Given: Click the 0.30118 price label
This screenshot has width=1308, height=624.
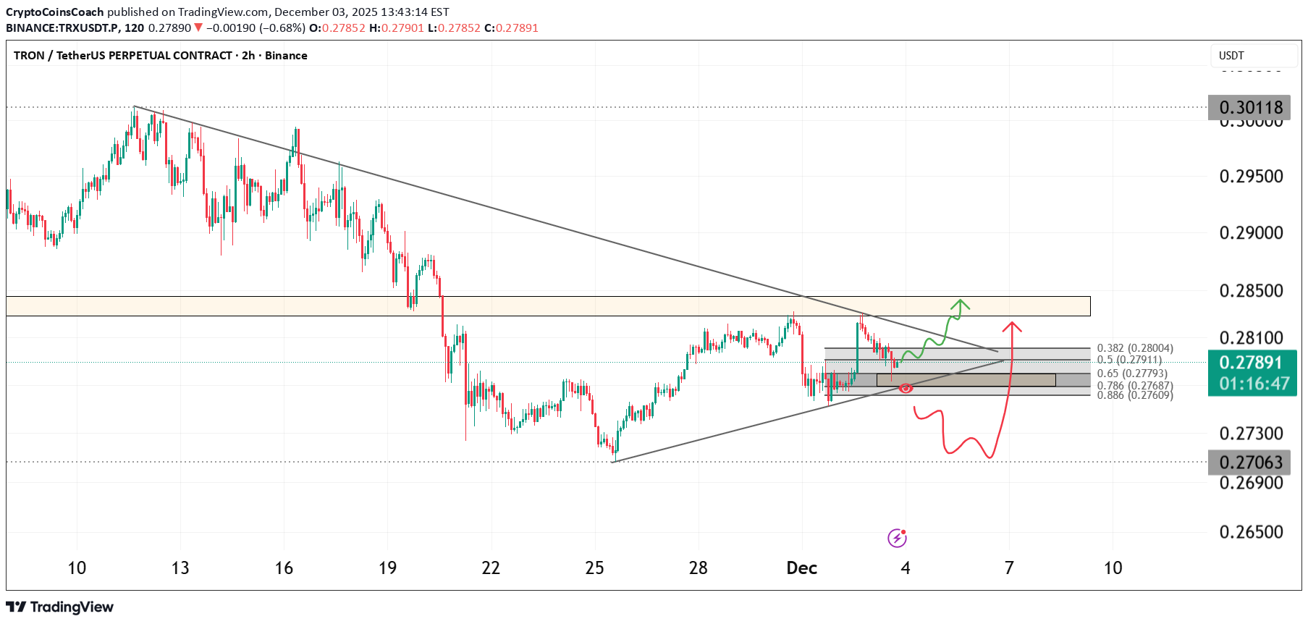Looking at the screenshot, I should [1251, 108].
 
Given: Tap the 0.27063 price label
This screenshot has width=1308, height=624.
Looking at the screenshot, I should [1251, 462].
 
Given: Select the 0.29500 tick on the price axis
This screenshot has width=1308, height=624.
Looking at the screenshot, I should [1251, 177].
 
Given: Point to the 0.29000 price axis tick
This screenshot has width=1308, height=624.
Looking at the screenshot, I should [1251, 233].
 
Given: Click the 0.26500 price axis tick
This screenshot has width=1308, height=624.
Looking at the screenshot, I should [1251, 532].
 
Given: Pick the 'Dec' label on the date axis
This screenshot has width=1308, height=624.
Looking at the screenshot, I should [801, 568].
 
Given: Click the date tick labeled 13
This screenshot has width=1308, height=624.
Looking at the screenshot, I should [180, 568].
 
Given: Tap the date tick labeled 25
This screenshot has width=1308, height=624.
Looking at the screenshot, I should [594, 568].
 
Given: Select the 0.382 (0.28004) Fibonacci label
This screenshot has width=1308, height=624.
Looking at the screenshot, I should [1135, 348].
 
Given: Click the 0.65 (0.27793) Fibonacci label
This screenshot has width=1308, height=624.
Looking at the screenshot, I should [1132, 374].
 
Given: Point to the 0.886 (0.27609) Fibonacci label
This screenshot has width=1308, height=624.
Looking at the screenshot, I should [1135, 395].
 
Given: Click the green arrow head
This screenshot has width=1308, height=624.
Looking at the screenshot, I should [961, 304].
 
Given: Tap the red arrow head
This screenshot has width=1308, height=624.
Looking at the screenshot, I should [1012, 326].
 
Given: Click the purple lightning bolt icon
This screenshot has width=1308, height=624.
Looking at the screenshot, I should [897, 538].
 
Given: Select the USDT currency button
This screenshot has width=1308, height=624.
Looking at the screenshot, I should [1231, 56].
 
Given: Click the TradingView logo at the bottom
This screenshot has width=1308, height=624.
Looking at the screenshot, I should [60, 607].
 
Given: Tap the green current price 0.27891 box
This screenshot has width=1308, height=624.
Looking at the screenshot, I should [1251, 372].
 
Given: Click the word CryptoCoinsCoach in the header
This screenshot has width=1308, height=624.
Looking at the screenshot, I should [55, 12].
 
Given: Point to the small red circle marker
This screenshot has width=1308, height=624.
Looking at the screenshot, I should [906, 389].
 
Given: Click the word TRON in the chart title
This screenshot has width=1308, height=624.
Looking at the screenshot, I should [29, 56].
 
